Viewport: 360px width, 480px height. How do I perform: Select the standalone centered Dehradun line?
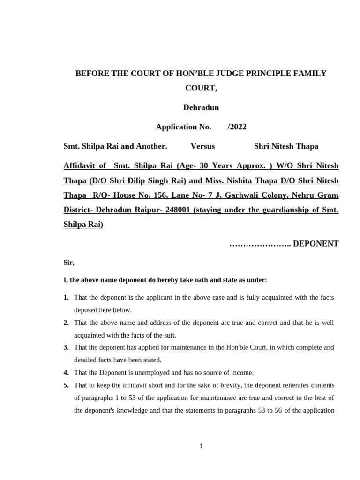[x=201, y=107]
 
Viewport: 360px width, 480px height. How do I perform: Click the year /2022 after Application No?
[x=236, y=127]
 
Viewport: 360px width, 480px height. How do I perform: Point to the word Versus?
[x=202, y=146]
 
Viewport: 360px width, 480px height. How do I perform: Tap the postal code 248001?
[x=175, y=210]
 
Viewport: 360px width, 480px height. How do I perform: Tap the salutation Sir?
[x=69, y=263]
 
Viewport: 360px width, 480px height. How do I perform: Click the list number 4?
[x=66, y=373]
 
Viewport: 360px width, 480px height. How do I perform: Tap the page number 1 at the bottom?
[x=201, y=446]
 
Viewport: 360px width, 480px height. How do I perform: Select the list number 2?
[x=66, y=322]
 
